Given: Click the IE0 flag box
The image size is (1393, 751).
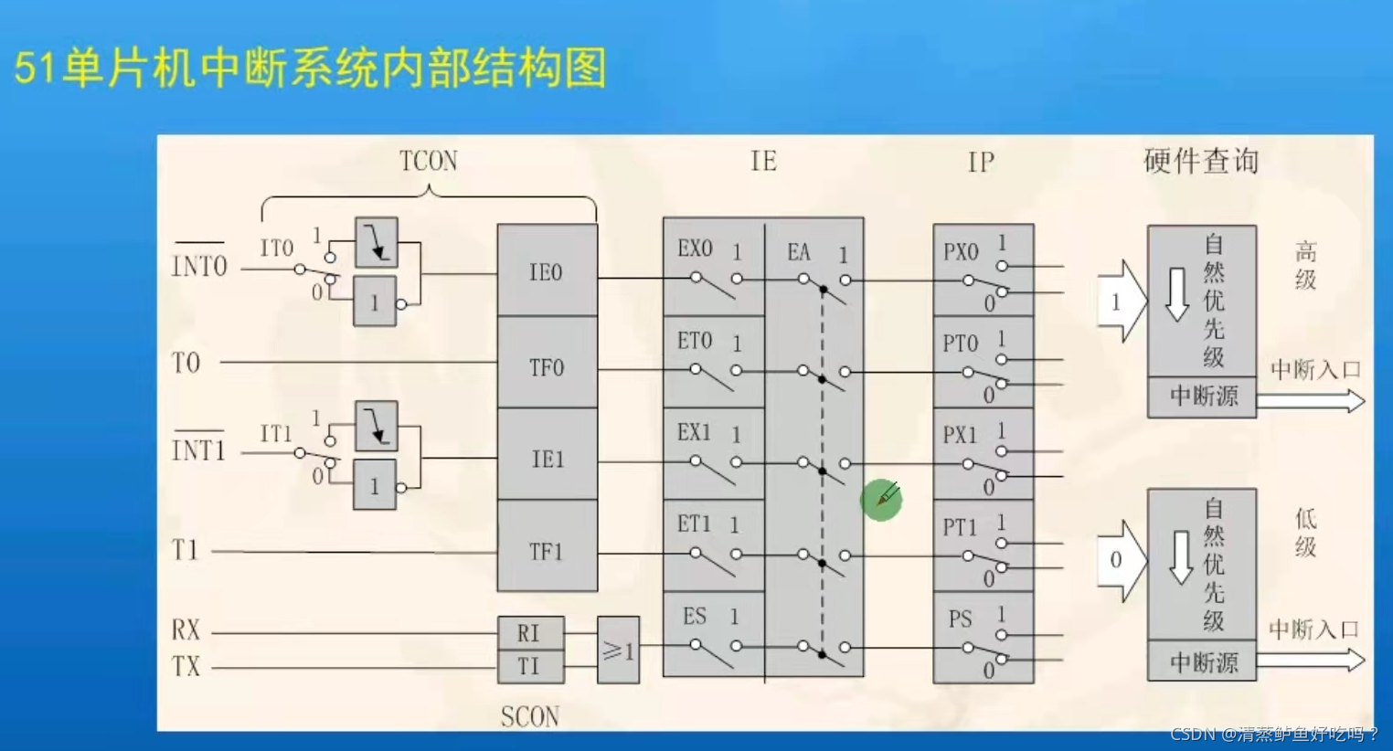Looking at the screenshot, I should click(547, 271).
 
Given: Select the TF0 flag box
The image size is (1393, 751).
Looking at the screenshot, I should click(547, 366).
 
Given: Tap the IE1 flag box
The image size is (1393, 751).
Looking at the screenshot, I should click(547, 458).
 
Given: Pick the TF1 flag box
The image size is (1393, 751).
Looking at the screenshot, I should click(547, 551).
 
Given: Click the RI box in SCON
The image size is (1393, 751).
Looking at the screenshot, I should click(529, 632).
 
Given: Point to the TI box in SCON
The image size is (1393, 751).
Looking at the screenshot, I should click(529, 666).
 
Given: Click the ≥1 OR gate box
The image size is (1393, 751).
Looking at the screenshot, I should click(618, 651).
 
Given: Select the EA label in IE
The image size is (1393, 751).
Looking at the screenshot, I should click(799, 252).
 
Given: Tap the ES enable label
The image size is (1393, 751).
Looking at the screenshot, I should click(695, 617).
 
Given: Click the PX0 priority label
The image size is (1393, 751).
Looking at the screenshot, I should click(961, 252).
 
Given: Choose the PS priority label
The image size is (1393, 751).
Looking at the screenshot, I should click(960, 619).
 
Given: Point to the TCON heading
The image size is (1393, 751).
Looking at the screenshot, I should click(429, 162).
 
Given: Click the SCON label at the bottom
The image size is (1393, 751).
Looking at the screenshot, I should click(530, 716).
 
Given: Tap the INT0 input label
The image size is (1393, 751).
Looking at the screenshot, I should click(199, 266).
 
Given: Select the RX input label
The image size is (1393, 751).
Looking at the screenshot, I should click(186, 630).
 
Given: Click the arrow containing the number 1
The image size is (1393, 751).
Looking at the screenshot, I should click(1121, 302).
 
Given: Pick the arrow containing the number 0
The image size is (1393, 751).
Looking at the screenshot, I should click(1121, 560).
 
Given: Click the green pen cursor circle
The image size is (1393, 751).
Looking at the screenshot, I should click(881, 500).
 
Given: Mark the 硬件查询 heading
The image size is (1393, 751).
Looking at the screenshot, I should click(1200, 162).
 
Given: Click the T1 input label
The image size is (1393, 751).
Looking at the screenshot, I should click(185, 550).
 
